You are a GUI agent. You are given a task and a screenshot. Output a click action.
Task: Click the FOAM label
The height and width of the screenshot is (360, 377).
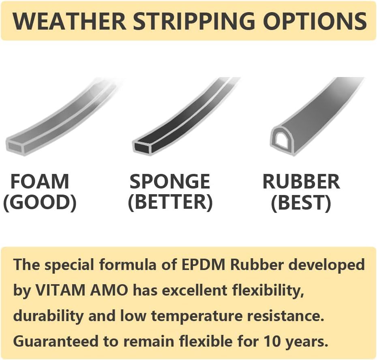tap(40, 182)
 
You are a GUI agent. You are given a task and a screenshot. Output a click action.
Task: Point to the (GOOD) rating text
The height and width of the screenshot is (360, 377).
tap(40, 202)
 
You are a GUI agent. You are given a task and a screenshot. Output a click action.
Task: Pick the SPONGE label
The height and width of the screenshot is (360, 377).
tap(170, 182)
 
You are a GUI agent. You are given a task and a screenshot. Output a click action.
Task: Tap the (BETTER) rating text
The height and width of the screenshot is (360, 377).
tap(171, 202)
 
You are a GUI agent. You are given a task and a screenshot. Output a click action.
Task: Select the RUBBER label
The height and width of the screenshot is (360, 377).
tap(301, 182)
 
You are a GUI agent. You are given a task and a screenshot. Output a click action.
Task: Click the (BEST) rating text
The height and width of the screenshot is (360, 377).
tap(301, 202)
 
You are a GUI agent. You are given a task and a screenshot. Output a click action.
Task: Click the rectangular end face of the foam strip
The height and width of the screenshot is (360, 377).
tap(15, 146)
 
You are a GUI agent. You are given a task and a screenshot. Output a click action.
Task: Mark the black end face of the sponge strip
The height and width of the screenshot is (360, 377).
tap(142, 146)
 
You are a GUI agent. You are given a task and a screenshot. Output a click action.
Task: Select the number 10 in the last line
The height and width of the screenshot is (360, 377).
tap(273, 341)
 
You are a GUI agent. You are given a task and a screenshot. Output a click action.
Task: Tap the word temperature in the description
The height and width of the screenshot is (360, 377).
tap(197, 316)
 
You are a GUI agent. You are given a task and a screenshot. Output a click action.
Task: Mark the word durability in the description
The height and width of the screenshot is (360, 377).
tap(48, 316)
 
